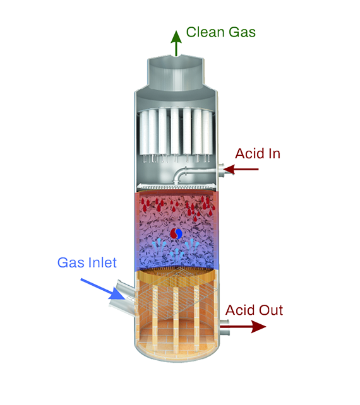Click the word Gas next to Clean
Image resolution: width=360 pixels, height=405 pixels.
coord(243,32)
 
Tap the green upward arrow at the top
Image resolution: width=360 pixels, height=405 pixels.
coord(176,44)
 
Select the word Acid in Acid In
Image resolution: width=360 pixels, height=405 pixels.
coord(248,153)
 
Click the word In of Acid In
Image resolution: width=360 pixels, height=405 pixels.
coord(273,153)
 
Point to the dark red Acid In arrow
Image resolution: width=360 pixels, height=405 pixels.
coord(241,170)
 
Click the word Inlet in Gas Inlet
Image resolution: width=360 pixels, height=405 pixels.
coord(102,262)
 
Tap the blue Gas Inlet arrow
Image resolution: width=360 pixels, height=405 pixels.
coord(102,289)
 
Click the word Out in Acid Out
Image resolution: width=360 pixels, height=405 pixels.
coord(271,310)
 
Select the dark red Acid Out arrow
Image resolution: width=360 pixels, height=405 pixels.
coord(243,327)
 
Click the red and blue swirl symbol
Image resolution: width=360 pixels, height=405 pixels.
coord(176,234)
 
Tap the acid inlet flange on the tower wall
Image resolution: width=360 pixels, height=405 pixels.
coord(221,170)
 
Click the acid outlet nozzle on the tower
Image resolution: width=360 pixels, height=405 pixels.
coord(224,327)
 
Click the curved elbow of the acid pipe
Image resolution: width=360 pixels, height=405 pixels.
coord(179,175)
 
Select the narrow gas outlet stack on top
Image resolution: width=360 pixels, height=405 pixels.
coord(176,73)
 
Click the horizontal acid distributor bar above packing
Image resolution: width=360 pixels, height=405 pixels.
coord(176,186)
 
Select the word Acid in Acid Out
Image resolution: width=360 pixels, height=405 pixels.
coord(240,310)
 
